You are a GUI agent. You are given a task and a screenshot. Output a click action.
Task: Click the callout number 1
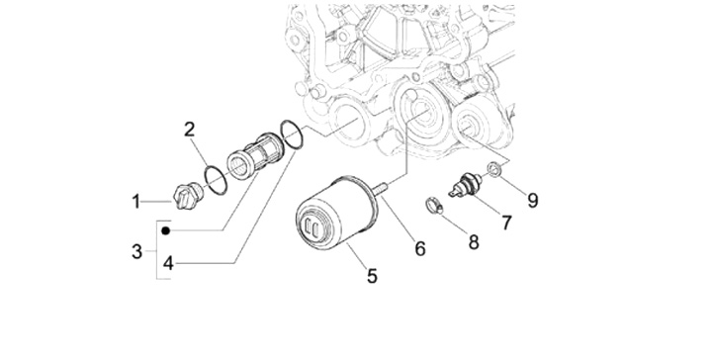click(136, 202)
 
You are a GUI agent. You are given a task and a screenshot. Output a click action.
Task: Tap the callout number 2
click(190, 130)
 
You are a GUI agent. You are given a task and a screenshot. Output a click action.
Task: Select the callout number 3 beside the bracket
click(136, 251)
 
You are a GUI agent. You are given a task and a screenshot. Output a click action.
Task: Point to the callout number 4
click(168, 263)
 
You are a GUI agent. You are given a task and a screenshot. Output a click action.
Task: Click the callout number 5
click(373, 276)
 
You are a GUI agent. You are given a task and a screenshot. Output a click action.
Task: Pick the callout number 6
click(420, 249)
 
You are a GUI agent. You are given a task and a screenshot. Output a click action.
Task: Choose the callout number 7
click(506, 223)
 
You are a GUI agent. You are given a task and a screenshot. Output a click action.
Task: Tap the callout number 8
click(474, 242)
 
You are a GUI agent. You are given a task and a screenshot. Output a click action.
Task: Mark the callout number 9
click(533, 200)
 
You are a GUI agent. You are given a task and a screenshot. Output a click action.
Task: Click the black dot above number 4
click(166, 230)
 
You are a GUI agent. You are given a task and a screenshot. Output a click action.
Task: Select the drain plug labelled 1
click(189, 197)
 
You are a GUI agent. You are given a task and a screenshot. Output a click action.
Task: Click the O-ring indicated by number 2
click(217, 180)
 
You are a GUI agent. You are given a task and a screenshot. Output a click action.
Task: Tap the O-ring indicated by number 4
click(292, 135)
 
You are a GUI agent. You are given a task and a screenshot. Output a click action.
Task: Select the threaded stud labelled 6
click(381, 187)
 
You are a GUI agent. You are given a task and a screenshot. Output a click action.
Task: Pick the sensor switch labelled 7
click(465, 186)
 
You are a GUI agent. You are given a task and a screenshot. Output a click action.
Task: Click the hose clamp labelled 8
click(434, 206)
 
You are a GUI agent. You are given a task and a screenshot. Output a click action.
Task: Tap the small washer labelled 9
click(494, 169)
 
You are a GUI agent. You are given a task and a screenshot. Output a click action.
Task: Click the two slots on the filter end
click(311, 225)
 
